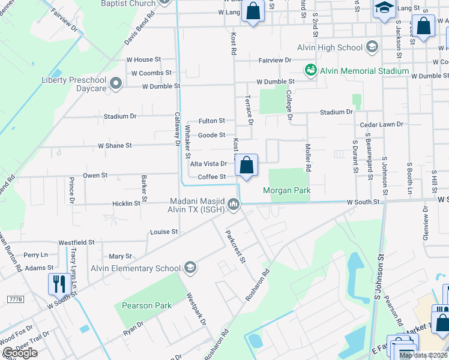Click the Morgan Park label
pos(287,191)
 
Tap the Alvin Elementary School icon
pos(190,268)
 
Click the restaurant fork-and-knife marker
pos(59,283)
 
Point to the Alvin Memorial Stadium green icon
pos(310,71)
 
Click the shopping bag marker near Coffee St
pos(246,165)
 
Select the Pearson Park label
pos(146,305)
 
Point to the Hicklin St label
pos(126,203)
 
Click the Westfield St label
pos(76,242)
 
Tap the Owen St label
pos(95,176)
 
